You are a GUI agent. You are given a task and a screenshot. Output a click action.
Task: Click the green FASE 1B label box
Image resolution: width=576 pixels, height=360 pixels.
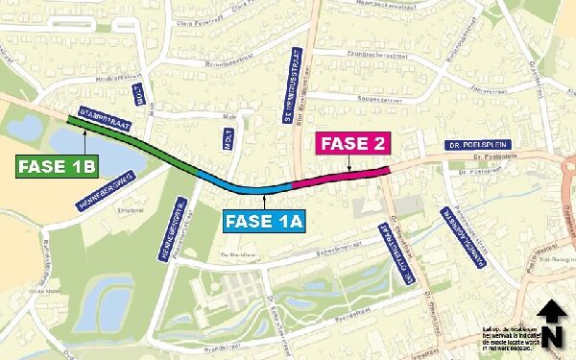click(58, 167)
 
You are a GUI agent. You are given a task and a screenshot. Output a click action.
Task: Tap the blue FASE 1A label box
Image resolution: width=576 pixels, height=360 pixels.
click(265, 222)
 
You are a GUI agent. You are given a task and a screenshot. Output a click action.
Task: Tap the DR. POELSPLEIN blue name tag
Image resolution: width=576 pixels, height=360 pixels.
click(476, 146)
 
